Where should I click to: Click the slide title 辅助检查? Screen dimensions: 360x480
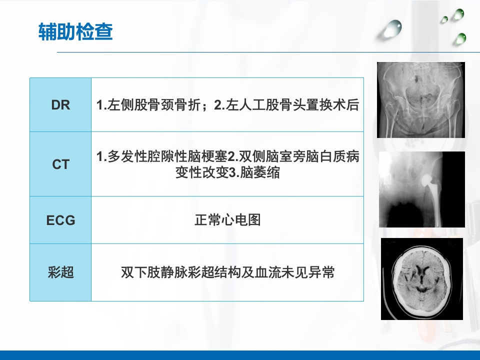(x=75, y=32)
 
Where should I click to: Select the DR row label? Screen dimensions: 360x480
(x=60, y=105)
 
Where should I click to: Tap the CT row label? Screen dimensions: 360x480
(x=60, y=164)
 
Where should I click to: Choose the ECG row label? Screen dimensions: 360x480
(x=60, y=220)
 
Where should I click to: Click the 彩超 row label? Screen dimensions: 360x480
(x=60, y=272)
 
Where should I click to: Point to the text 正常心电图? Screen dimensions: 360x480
(x=227, y=220)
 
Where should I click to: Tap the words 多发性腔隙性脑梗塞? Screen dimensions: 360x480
(x=162, y=157)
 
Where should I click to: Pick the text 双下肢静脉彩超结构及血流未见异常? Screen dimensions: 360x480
(x=227, y=272)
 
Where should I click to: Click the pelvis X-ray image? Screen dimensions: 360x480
(x=420, y=99)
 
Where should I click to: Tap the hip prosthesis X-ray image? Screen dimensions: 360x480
(x=421, y=189)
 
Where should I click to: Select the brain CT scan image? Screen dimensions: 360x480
(x=421, y=278)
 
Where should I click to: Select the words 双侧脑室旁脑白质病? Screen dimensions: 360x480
(x=300, y=157)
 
